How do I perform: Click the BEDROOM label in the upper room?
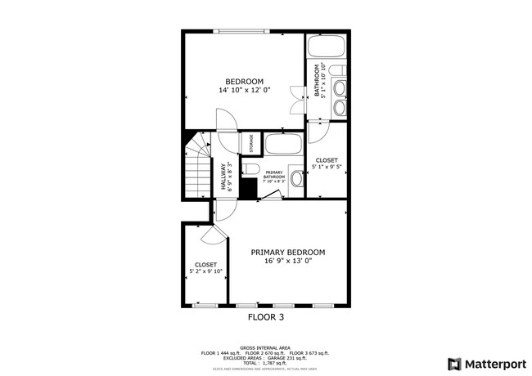coord(245,81)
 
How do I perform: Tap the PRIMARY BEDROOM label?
coord(288,252)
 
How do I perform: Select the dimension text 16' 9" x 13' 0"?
coord(288,262)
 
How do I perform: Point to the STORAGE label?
coord(251,143)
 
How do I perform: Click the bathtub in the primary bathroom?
coord(284,146)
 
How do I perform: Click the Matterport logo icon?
coord(453,363)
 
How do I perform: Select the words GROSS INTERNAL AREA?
coord(266,347)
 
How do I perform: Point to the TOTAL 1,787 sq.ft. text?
coord(266,362)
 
